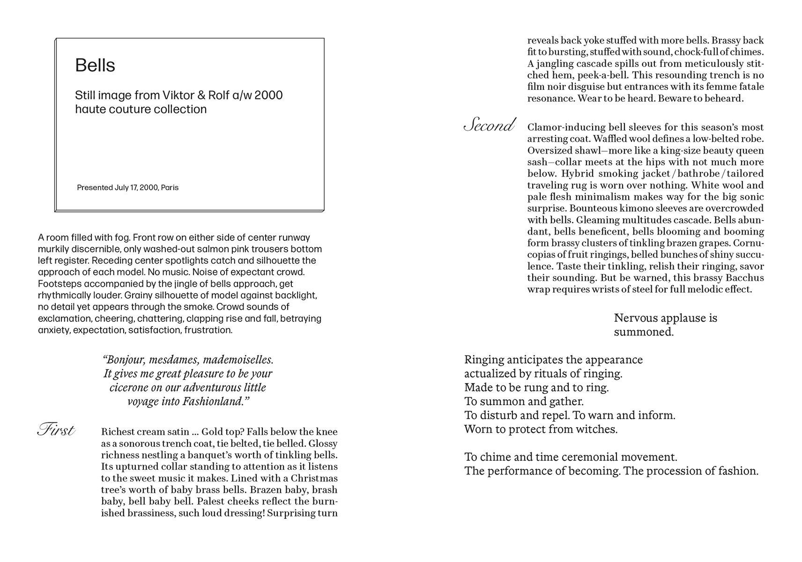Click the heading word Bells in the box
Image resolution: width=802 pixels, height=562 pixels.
click(x=95, y=66)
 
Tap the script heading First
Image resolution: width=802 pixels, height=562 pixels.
click(x=56, y=430)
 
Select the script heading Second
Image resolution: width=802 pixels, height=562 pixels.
click(x=489, y=126)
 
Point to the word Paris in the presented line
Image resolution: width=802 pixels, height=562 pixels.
click(x=170, y=188)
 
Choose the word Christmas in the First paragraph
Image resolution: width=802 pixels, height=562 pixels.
click(x=314, y=479)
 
